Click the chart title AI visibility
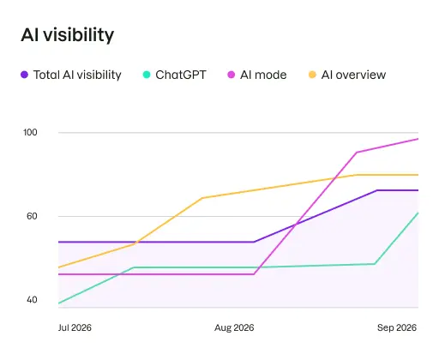click(67, 35)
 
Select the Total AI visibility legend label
click(77, 75)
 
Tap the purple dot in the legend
click(24, 75)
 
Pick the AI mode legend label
click(262, 75)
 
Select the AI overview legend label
click(353, 75)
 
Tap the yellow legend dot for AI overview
click(312, 75)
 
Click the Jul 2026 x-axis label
click(75, 328)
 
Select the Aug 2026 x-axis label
click(234, 328)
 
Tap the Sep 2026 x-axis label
click(396, 328)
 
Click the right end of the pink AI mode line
click(418, 139)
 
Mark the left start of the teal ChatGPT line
click(58, 303)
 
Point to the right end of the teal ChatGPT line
click(418, 213)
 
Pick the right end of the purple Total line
click(418, 190)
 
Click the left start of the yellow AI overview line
click(58, 267)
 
